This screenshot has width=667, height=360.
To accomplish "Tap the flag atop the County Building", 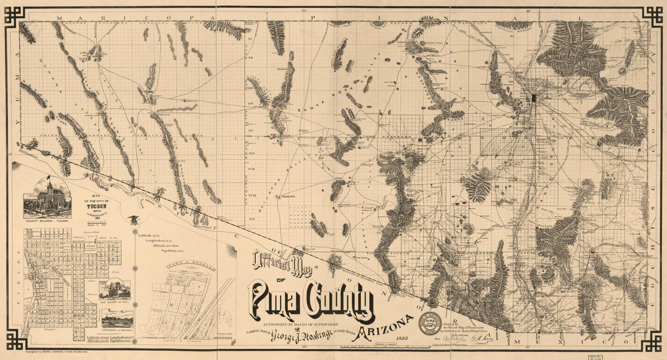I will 48,179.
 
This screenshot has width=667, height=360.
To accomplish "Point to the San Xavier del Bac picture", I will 115,290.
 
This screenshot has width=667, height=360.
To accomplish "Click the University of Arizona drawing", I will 117,319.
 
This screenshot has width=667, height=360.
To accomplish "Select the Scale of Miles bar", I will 367,346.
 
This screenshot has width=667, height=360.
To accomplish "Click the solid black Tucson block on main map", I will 534,98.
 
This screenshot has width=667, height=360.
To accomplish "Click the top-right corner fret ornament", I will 652,16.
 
